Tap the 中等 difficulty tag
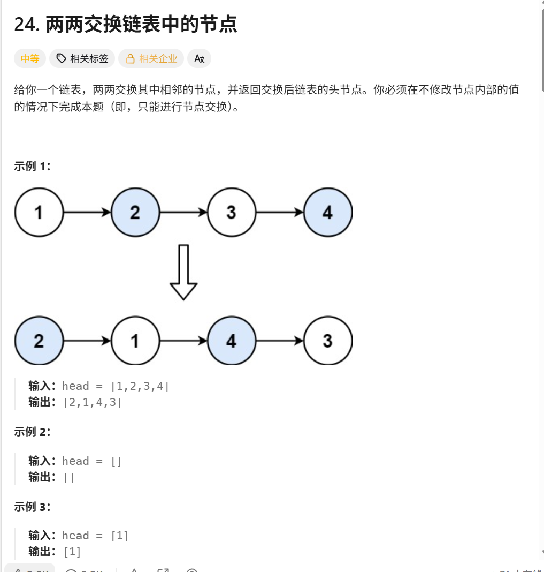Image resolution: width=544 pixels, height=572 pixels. (x=30, y=58)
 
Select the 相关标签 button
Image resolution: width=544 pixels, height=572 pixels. (x=82, y=58)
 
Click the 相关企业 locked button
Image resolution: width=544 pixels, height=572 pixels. (x=151, y=58)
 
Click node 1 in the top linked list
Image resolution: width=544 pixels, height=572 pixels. (x=39, y=212)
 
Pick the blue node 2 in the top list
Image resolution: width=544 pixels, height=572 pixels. (x=135, y=212)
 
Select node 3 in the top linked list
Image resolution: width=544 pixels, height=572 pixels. (x=231, y=212)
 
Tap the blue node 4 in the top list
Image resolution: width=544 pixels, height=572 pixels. (x=327, y=212)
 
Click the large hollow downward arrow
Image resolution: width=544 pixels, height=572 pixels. (x=183, y=272)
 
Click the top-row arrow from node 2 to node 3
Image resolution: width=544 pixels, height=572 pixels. (x=183, y=212)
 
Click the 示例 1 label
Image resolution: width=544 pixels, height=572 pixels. (x=32, y=166)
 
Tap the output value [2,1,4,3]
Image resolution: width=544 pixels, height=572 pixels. (x=92, y=402)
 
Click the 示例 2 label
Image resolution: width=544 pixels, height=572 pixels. (x=32, y=432)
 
